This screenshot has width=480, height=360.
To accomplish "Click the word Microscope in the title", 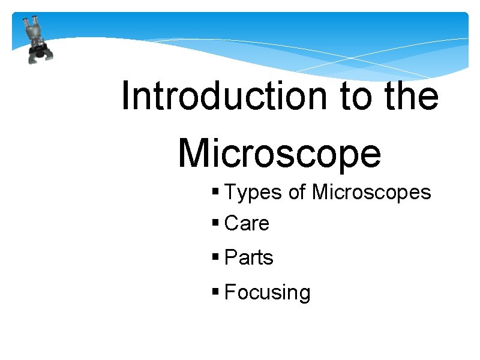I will coord(280,152).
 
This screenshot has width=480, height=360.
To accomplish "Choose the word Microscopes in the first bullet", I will coord(372,193).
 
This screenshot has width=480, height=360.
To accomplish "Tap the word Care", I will coord(247,224).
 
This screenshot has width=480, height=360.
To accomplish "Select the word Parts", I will coord(248,258).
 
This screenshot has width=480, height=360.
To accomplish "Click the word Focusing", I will coord(268,293).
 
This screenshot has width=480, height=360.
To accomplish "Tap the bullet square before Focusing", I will coord(216,293).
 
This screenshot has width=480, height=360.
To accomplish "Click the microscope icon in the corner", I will coord(36,40).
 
